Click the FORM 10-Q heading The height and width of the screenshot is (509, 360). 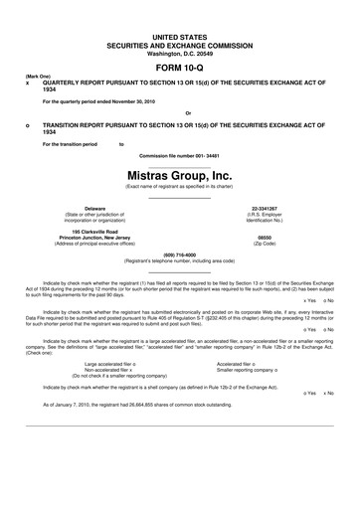179,67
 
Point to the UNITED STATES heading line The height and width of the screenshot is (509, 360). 179,35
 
